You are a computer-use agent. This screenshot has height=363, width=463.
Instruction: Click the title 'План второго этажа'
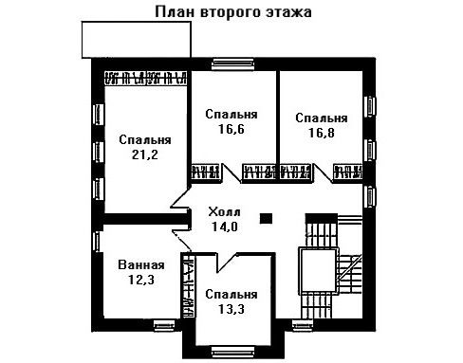click(x=233, y=11)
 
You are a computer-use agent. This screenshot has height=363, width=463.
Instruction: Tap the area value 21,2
click(x=145, y=154)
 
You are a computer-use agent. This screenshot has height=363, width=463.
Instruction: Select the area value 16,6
click(x=231, y=129)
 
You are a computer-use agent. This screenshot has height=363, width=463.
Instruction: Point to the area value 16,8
click(x=322, y=133)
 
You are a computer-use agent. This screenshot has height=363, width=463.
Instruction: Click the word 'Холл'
click(x=224, y=211)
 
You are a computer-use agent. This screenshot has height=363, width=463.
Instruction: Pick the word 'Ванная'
click(x=141, y=264)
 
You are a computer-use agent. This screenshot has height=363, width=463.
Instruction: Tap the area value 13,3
click(x=231, y=309)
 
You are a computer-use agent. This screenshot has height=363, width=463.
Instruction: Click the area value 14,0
click(x=224, y=227)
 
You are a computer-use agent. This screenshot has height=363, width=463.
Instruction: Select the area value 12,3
click(x=141, y=280)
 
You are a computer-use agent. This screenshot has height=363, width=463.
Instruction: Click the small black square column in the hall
click(x=266, y=218)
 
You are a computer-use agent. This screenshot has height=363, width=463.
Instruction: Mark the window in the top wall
click(x=232, y=64)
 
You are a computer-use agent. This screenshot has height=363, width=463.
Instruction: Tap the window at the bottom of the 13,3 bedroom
click(x=232, y=352)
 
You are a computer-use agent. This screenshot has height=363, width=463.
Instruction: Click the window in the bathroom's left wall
click(x=98, y=242)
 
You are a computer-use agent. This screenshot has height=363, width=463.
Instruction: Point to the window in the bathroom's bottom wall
click(x=164, y=325)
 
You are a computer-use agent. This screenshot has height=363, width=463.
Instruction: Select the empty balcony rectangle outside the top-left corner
click(x=137, y=40)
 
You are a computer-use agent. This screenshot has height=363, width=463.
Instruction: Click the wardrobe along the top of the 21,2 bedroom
click(x=145, y=78)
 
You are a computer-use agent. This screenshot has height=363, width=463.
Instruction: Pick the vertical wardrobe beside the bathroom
click(x=188, y=285)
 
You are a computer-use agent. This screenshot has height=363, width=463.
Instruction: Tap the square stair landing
click(x=317, y=271)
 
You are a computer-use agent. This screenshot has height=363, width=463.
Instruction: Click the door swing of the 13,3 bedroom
click(x=226, y=261)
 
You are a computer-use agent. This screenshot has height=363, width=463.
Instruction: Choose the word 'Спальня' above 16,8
click(x=322, y=118)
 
